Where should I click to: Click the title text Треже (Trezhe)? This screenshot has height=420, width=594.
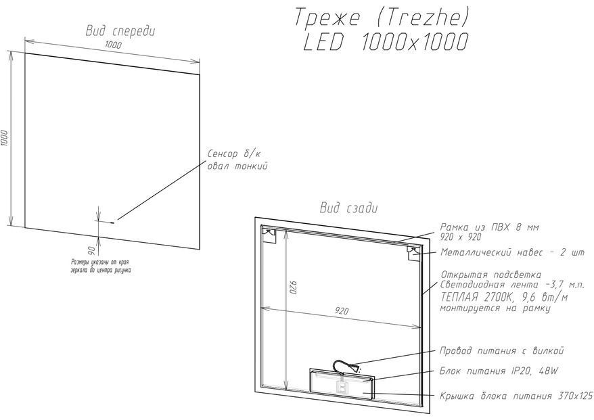click(x=382, y=18)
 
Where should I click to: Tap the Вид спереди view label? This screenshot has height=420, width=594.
click(x=120, y=30)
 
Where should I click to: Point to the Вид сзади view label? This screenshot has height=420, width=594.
click(x=349, y=208)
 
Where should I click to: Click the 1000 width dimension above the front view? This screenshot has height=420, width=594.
click(x=113, y=45)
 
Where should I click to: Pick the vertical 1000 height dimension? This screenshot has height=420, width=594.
click(x=4, y=138)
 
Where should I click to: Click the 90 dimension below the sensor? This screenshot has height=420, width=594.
click(x=91, y=250)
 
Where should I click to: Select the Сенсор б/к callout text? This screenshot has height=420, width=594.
click(x=234, y=154)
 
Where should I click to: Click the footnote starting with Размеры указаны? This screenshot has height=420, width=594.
click(x=101, y=266)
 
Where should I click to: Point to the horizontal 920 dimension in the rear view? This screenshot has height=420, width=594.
click(x=342, y=311)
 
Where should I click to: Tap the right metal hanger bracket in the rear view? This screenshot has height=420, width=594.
click(x=413, y=252)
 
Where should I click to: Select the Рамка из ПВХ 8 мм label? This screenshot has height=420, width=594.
click(x=489, y=227)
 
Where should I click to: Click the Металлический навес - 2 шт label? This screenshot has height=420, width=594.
click(x=512, y=252)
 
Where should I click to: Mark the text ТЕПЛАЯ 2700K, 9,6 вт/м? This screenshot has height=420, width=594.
click(x=504, y=297)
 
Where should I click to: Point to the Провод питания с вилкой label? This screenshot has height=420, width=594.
click(x=501, y=351)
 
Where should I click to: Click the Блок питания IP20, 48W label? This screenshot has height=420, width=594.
click(x=499, y=371)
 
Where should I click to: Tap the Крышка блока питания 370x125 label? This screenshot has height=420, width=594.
click(x=516, y=396)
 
